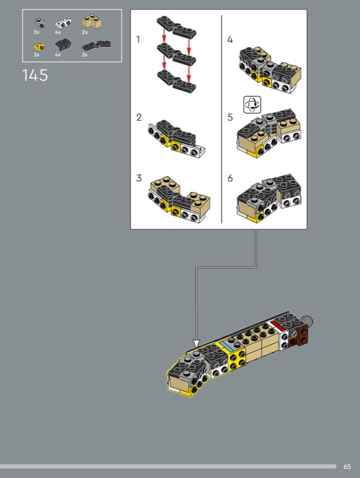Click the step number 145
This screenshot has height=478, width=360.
(x=35, y=75)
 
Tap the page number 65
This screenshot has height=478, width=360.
(x=347, y=467)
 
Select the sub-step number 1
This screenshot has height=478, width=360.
(x=138, y=39)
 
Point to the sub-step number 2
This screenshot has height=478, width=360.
(x=139, y=117)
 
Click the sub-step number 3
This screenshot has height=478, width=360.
(x=139, y=178)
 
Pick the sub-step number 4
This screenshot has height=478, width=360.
(x=230, y=39)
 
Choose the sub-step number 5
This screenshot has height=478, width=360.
(x=230, y=117)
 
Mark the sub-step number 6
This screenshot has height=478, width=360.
(x=230, y=178)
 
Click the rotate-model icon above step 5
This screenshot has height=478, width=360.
(x=252, y=105)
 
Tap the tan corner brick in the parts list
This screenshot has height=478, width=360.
(x=91, y=21)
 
